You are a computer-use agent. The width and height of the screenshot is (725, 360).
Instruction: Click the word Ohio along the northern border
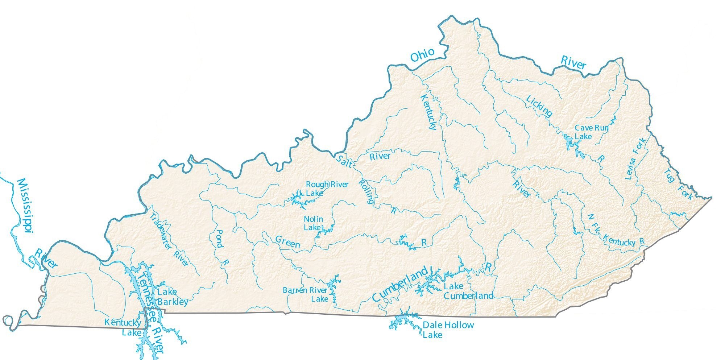click(422, 55)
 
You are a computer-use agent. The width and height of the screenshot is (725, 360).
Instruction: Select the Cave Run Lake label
click(591, 132)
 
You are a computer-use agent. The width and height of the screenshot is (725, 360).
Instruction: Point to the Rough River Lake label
click(327, 189)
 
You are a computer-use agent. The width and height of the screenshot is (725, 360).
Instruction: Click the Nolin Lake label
click(313, 223)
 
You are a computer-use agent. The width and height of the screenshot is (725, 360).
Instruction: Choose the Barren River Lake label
click(305, 294)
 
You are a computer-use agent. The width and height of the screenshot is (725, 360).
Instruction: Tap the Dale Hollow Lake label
click(448, 329)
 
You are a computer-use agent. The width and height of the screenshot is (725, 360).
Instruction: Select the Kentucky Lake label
click(123, 327)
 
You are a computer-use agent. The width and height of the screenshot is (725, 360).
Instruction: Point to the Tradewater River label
click(169, 240)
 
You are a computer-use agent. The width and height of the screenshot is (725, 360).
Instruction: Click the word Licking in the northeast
click(539, 106)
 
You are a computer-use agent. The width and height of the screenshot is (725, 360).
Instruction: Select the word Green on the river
click(287, 242)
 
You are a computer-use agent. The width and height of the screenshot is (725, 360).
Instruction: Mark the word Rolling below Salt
click(366, 191)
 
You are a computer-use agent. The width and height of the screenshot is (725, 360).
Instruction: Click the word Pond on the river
click(219, 239)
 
